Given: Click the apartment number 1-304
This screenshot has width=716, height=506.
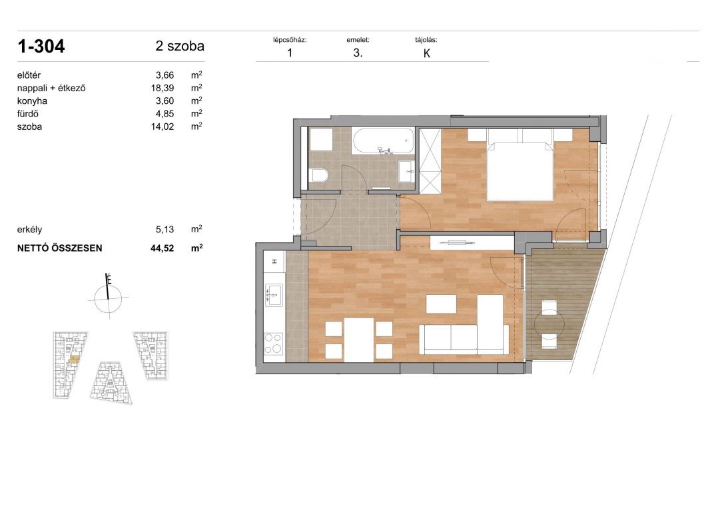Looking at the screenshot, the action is coord(41,46).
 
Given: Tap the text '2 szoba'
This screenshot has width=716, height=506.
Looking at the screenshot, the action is coord(180,46).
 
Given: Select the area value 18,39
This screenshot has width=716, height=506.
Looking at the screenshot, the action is coord(163,88).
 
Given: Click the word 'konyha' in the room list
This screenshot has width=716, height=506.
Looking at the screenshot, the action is coord(32,101).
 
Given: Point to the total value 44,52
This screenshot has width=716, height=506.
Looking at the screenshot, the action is coord(163,248).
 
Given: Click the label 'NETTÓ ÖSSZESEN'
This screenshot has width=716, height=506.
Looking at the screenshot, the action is coord(60,248).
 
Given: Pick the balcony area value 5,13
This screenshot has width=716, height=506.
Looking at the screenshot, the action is coord(165,230).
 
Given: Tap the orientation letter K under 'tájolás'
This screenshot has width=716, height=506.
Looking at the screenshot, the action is coord(427,53).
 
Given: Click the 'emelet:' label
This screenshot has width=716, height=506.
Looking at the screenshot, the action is coord(358,40).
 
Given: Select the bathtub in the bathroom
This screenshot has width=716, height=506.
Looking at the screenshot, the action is coord(383,141).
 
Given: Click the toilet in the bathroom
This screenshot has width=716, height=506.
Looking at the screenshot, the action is coord(318,175).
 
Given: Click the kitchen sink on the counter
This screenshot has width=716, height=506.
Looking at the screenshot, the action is coord(274,295).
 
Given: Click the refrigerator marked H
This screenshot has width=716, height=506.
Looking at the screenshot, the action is coord(274,262).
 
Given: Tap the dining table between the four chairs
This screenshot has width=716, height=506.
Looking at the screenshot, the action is coord(359,340).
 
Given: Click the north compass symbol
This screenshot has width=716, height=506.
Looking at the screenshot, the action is coord(108,296).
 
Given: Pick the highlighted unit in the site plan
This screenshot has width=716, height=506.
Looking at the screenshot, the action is coord(73,360).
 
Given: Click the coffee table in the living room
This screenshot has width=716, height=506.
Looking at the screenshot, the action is coord(441,304).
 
